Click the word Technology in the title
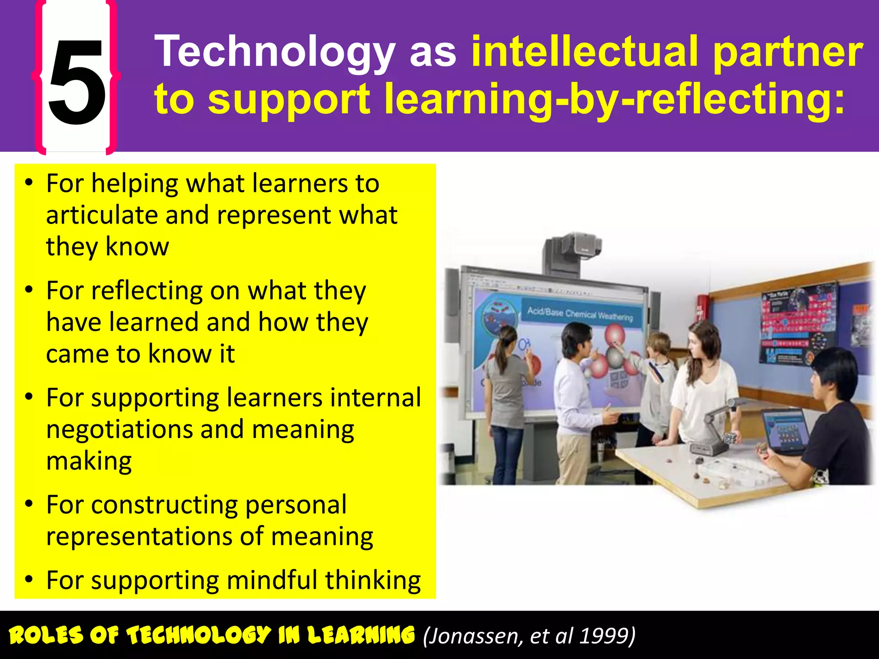(275, 52)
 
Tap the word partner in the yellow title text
(788, 52)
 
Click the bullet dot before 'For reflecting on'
(29, 290)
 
